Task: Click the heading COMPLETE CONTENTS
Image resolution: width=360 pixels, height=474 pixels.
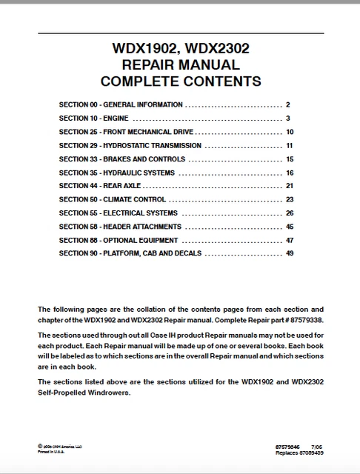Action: [180, 81]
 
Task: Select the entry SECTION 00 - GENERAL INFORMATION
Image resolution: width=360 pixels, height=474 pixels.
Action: [121, 105]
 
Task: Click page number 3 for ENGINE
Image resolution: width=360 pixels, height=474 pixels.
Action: [288, 118]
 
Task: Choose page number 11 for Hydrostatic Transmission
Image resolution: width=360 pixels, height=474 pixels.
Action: [290, 146]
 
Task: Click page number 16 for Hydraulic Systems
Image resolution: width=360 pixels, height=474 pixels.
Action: [290, 173]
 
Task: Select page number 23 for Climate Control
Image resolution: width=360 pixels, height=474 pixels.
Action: [290, 200]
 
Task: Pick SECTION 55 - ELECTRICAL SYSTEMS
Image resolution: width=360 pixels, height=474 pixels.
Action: [118, 213]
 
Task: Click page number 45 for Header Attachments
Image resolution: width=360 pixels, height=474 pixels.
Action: [290, 227]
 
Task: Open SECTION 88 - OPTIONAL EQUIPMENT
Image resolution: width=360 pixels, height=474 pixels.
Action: [118, 241]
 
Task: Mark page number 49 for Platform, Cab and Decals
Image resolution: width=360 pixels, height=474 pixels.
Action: [290, 254]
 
